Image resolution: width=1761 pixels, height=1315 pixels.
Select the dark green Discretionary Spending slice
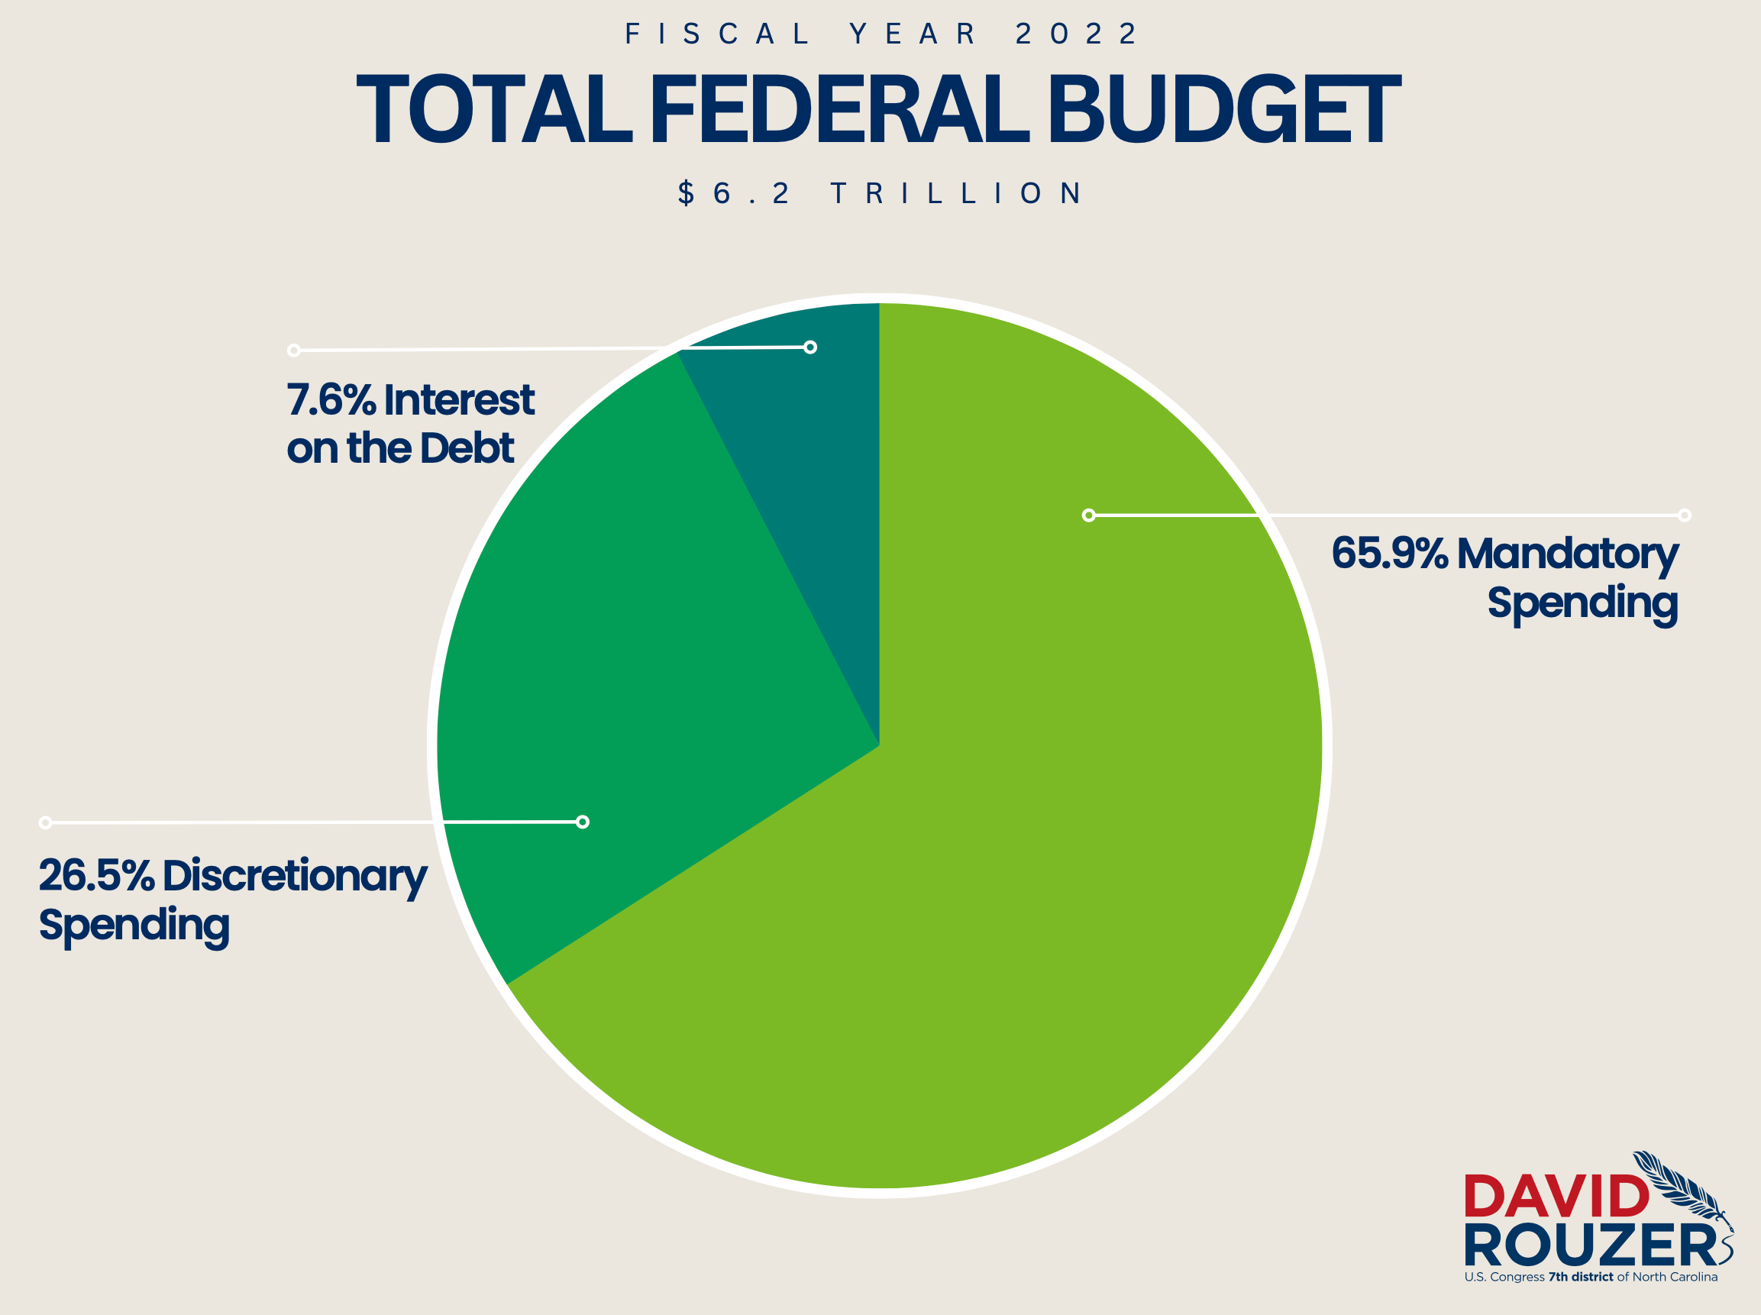(637, 677)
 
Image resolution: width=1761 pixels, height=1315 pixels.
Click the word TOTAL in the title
(494, 110)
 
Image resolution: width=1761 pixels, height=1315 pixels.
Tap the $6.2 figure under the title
(732, 193)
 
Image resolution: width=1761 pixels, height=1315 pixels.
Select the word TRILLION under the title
(956, 193)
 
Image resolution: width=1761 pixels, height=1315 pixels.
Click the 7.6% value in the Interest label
(331, 399)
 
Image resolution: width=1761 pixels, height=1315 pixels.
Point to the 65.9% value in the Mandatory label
(1389, 553)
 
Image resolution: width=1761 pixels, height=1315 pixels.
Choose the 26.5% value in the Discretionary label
(96, 876)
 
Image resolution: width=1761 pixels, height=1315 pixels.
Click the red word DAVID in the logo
(1556, 1197)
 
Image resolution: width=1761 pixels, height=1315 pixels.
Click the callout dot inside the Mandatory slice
(1089, 515)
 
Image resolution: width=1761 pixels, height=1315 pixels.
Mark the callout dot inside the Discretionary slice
(583, 822)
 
